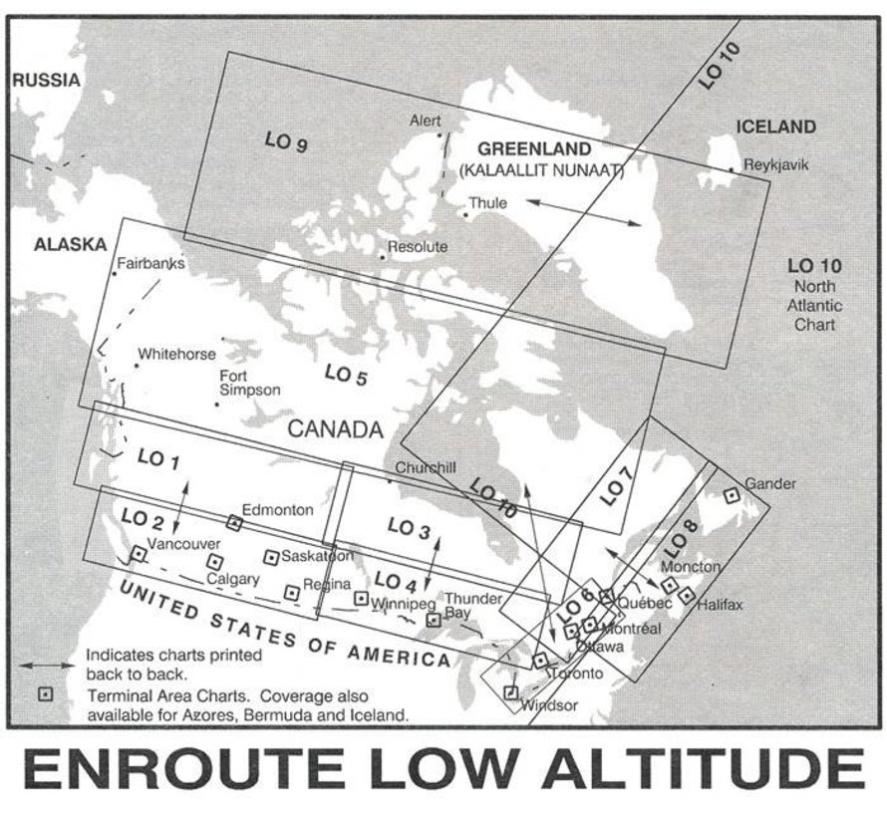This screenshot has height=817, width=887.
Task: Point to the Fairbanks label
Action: pos(151,264)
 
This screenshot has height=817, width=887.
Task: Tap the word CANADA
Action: pos(335,430)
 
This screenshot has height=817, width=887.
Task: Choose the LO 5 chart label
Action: pos(346,376)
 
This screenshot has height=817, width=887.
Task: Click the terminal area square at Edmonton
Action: pos(235,522)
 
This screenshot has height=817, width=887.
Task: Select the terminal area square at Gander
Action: pos(731,494)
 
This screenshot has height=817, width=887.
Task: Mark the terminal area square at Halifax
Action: pos(687,596)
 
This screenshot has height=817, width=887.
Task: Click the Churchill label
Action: pos(426,467)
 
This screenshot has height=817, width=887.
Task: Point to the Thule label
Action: pos(489,202)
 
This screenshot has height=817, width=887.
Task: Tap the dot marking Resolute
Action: pos(382,257)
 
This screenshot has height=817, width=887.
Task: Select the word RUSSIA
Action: pos(45,81)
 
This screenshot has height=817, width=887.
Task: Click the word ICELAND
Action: pos(775,128)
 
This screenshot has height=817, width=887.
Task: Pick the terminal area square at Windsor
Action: pos(511,692)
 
